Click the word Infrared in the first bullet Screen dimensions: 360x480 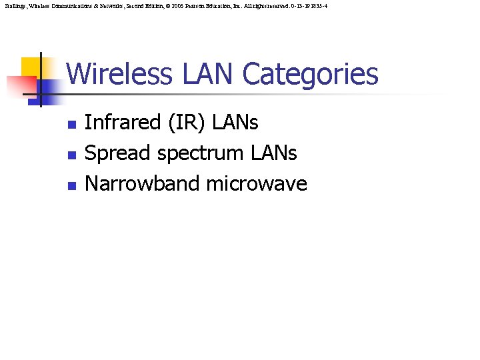[x=123, y=123]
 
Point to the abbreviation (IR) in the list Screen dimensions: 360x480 [x=189, y=123]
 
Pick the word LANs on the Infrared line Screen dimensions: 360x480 [x=238, y=123]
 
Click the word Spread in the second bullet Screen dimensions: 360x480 [x=117, y=153]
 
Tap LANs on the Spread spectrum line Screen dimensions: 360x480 [x=275, y=153]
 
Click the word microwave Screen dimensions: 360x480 [x=257, y=184]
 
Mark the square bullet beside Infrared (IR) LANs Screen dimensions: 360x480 [x=72, y=125]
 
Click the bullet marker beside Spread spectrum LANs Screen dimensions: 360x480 [x=72, y=155]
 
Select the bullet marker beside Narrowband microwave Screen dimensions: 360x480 [x=72, y=186]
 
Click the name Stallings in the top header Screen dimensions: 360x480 [x=13, y=5]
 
